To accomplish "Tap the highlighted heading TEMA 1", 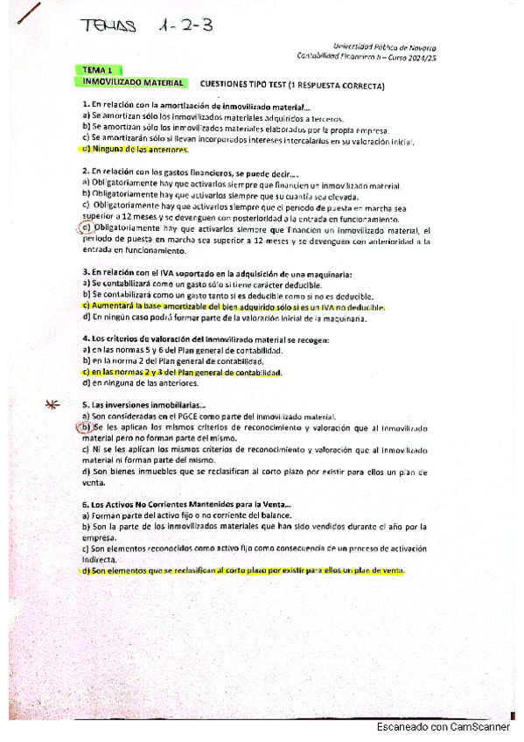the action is (97, 69).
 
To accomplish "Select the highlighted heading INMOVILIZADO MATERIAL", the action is (132, 82).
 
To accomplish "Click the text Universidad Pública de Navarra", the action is (386, 48).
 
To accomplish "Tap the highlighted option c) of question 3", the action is (233, 306).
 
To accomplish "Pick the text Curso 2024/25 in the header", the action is (416, 57).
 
